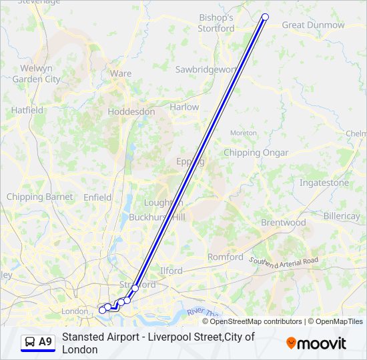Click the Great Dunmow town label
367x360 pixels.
(313, 25)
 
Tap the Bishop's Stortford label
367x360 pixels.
(216, 23)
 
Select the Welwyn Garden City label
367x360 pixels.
(36, 73)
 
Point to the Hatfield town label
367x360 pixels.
(27, 110)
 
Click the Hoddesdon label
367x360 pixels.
(131, 112)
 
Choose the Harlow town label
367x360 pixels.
(184, 107)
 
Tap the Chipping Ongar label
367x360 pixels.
(256, 153)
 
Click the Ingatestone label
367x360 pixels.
(324, 183)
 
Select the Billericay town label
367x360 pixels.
(341, 217)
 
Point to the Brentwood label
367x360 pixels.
(284, 223)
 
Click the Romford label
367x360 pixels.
(226, 257)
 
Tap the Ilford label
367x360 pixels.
(171, 271)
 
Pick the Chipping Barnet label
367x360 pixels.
(30, 197)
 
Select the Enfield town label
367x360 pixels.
(97, 197)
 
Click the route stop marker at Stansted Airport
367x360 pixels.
(266, 17)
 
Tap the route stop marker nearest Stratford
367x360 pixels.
(135, 288)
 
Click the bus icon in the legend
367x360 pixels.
(30, 342)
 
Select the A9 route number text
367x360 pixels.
(45, 342)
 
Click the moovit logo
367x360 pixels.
(316, 343)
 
